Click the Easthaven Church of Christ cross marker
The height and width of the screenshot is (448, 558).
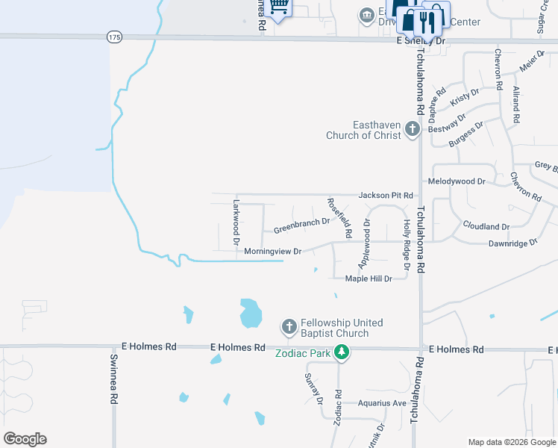click(x=412, y=131)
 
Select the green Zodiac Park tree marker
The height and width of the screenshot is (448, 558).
click(x=342, y=352)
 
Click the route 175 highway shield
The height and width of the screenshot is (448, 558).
click(x=113, y=37)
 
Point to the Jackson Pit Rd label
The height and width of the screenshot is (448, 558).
click(x=386, y=195)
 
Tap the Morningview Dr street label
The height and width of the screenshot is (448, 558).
click(x=272, y=252)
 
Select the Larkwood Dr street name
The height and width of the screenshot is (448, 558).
click(x=235, y=222)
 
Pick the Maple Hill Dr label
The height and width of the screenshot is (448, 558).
click(x=368, y=279)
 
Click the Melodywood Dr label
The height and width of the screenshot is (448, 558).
click(x=457, y=181)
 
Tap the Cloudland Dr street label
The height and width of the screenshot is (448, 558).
click(x=486, y=225)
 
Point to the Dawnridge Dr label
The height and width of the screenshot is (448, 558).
click(x=512, y=243)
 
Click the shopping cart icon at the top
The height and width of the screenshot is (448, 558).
click(x=278, y=7)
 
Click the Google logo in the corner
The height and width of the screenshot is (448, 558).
click(x=25, y=439)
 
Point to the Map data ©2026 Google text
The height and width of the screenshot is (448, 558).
click(x=511, y=442)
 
